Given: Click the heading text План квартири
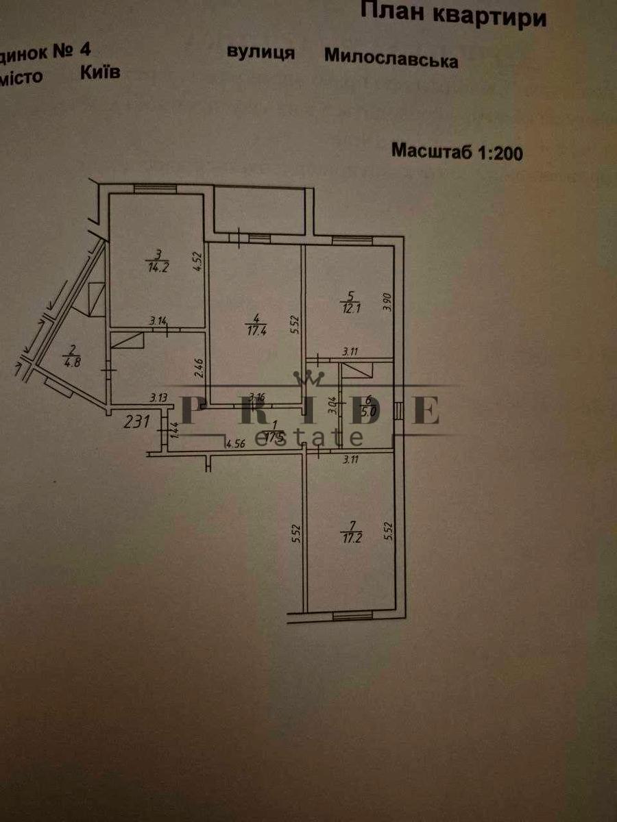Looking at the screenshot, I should (453, 14).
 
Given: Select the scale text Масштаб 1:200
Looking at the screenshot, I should (457, 151).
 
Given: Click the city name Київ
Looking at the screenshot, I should (99, 71).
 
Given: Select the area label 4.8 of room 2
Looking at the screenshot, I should (71, 362).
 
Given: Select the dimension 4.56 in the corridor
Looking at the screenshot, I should (237, 443).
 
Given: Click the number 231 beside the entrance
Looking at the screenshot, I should (137, 422).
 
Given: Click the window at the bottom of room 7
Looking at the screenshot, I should (352, 615).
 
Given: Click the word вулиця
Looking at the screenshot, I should (261, 53).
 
